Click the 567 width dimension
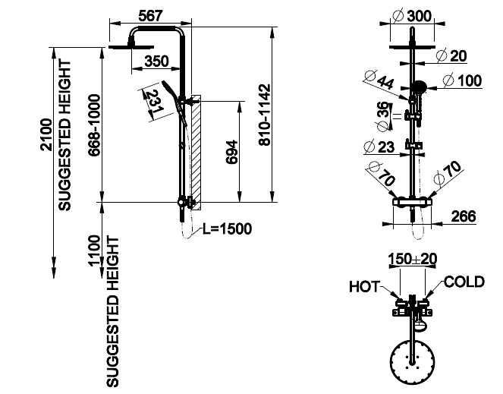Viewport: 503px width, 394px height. pos(150,16)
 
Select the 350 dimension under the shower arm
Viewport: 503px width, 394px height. pos(156,61)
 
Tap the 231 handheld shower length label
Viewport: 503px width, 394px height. pos(153,102)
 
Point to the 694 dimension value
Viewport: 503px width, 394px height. pos(232,152)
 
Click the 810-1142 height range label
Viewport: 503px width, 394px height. pos(265,115)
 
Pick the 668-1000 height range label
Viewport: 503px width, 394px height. pos(95,125)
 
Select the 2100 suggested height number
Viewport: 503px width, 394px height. pos(46,135)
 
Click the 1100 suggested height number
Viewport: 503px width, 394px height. pos(94,251)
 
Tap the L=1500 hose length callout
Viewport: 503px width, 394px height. pos(227,229)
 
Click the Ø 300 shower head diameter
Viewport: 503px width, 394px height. pos(413,16)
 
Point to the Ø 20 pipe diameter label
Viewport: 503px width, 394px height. pos(451,56)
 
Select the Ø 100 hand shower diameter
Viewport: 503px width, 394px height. pos(462,80)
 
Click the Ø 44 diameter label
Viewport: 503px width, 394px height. pos(379,79)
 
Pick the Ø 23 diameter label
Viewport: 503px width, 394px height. pos(379,147)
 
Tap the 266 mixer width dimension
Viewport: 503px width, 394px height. pos(464,216)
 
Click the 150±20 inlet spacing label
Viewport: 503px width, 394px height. pos(413,259)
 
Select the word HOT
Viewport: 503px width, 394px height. pos(364,287)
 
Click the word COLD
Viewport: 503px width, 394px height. pos(464,282)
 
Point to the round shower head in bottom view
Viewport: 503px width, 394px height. pos(413,363)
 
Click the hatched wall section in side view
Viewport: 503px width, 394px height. pos(196,153)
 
